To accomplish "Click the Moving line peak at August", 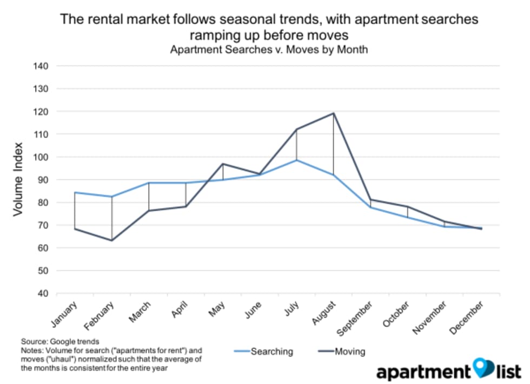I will point(334,113).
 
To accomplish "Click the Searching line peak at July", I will point(296,160).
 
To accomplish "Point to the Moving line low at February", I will point(111,240).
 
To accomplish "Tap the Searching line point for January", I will point(75,192).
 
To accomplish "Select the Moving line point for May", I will point(223,164).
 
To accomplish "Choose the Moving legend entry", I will point(339,352).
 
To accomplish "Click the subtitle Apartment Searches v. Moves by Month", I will point(269,50).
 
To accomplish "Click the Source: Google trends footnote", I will point(60,342).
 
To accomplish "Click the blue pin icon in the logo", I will point(480,368).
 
